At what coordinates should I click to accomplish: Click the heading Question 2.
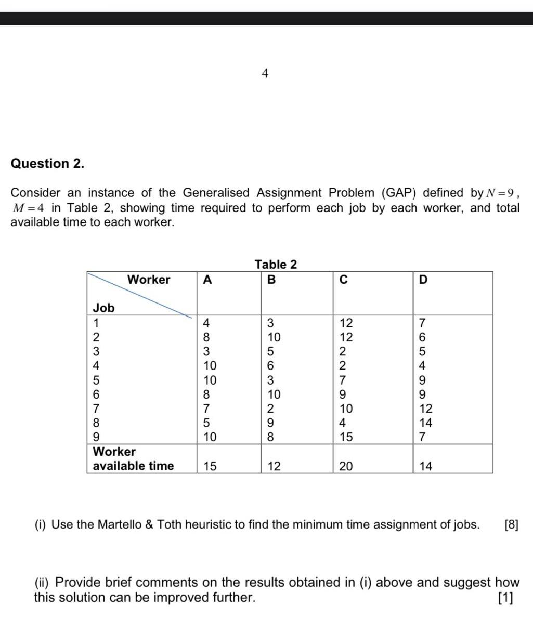(x=47, y=164)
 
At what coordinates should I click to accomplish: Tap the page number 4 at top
(x=265, y=74)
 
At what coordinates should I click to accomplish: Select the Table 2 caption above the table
(x=276, y=264)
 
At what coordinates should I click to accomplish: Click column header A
(x=207, y=280)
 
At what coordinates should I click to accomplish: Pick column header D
(x=423, y=280)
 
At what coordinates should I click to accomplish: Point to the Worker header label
(x=149, y=279)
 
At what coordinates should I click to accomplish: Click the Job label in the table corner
(x=103, y=308)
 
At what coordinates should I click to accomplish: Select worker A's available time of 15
(x=210, y=466)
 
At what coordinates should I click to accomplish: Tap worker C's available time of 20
(x=345, y=466)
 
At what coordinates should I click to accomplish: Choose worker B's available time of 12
(x=274, y=466)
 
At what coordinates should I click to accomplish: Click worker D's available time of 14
(x=425, y=466)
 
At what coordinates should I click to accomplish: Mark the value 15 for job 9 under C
(x=345, y=437)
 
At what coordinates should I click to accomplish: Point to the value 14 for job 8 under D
(x=425, y=423)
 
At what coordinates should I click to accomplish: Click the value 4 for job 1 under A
(x=206, y=323)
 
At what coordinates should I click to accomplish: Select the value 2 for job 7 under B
(x=270, y=409)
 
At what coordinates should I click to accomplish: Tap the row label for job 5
(x=96, y=380)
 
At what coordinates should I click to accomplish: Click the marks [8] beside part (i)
(x=511, y=524)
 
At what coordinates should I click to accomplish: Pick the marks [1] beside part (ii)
(x=504, y=598)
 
